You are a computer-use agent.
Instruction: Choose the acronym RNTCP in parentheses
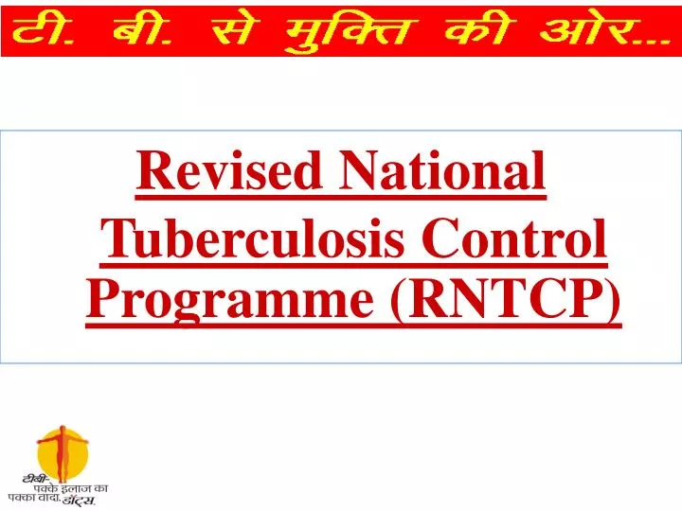point(507,302)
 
